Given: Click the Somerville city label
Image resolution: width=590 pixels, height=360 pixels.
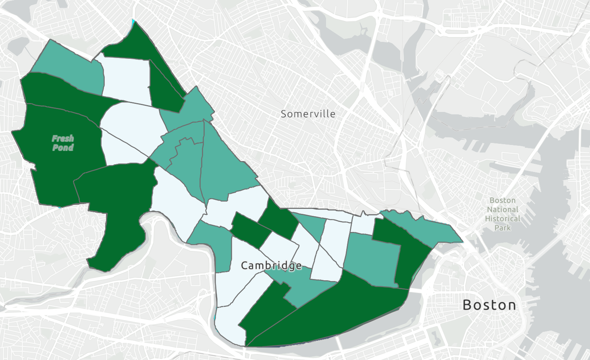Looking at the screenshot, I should pyautogui.click(x=308, y=114).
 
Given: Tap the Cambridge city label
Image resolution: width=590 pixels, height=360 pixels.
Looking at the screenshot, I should pyautogui.click(x=271, y=265).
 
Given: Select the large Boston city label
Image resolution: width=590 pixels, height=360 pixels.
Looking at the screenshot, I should pyautogui.click(x=489, y=305).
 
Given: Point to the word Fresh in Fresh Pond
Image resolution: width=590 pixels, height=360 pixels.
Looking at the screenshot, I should pyautogui.click(x=63, y=139).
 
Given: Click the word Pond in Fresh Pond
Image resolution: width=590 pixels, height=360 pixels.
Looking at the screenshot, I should pyautogui.click(x=63, y=147).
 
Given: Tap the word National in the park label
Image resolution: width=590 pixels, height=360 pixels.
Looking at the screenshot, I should pyautogui.click(x=503, y=209).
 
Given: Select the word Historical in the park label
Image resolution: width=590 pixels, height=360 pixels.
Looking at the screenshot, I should pyautogui.click(x=503, y=219).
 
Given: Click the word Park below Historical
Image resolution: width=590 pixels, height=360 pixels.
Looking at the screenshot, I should pyautogui.click(x=503, y=228).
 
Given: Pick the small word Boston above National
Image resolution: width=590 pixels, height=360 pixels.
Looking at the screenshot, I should pyautogui.click(x=503, y=200).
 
